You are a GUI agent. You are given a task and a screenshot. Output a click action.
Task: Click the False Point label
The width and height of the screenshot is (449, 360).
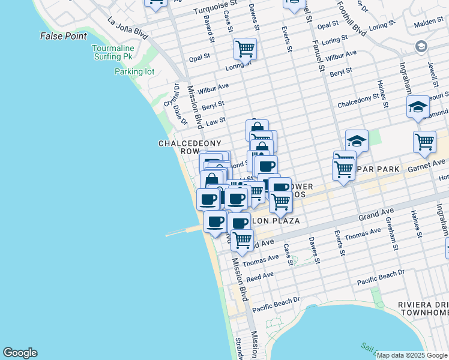click(x=64, y=36)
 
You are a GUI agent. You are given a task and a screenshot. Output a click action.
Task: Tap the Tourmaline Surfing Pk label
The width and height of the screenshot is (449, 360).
click(x=112, y=52)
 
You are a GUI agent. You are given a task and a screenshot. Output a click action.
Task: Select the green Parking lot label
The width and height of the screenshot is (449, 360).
click(x=134, y=71)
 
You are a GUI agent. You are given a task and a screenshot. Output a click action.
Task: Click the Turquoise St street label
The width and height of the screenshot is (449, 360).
click(x=215, y=11)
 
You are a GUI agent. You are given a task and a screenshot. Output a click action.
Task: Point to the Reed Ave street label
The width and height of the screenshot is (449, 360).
click(x=260, y=276)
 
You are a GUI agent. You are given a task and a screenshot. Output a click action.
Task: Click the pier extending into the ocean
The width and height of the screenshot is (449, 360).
click(x=183, y=231)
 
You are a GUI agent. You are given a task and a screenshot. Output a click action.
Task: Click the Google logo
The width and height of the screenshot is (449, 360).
click(x=20, y=353)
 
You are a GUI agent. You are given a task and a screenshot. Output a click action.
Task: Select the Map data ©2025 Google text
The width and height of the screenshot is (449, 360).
click(x=412, y=355)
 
